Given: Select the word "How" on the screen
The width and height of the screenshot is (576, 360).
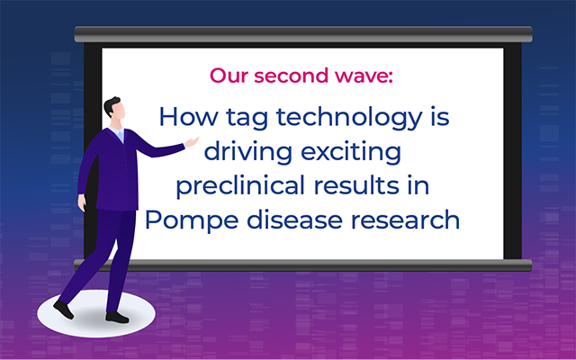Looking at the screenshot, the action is (188, 116).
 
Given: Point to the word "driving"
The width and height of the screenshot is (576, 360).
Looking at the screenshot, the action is (248, 152).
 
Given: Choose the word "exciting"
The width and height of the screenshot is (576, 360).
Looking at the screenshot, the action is (351, 152).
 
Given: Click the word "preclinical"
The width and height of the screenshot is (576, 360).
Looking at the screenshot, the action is (240, 186).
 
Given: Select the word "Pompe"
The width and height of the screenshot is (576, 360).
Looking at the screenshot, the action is (191, 220).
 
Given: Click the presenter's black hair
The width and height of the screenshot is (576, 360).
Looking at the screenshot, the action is (111, 105).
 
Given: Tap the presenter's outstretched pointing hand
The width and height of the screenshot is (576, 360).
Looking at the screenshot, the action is (192, 142).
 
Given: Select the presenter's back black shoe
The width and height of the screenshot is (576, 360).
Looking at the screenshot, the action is (64, 310).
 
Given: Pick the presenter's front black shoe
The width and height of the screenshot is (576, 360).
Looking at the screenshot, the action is (117, 318).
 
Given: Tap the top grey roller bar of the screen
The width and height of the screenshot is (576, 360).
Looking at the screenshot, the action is (303, 34).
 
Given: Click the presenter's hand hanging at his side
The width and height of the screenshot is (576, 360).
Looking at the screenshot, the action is (82, 203).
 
